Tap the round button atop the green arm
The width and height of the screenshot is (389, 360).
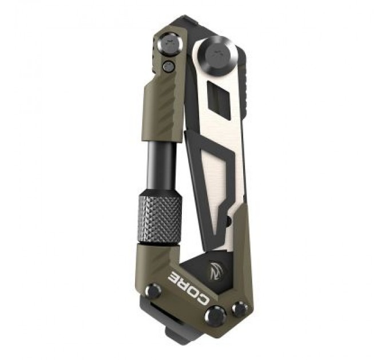click(169, 43)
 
